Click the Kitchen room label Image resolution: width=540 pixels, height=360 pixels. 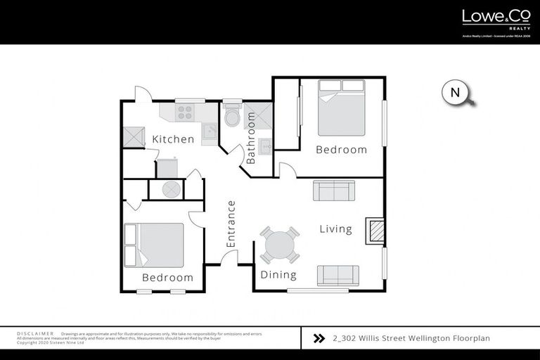tap(173, 139)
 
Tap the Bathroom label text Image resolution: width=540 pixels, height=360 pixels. tap(250, 143)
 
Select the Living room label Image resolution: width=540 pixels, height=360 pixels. tap(335, 229)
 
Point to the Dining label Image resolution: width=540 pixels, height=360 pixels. tap(278, 275)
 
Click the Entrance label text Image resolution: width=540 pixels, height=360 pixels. tap(231, 224)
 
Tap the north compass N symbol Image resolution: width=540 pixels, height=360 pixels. tap(456, 92)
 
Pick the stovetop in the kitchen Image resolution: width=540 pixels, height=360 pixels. tap(184, 112)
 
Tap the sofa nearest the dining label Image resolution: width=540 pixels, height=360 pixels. tap(337, 275)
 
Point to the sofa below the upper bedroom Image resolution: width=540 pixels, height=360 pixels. tap(334, 191)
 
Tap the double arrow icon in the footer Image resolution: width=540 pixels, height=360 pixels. tap(319, 338)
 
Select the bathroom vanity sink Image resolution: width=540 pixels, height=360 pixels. tap(266, 146)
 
